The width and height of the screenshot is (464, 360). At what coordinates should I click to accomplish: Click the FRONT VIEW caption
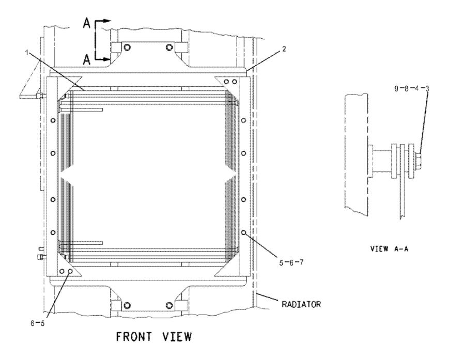tap(153, 337)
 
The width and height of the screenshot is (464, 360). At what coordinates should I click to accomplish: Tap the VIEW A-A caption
tap(389, 248)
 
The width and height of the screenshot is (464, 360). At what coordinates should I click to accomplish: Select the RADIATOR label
tap(301, 304)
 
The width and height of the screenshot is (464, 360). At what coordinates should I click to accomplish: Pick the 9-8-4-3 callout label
tap(411, 89)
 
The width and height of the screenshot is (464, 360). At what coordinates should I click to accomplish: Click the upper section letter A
tap(87, 22)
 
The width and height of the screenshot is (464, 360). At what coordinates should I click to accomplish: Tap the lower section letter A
tap(87, 60)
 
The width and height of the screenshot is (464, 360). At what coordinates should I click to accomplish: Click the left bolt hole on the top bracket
tap(128, 48)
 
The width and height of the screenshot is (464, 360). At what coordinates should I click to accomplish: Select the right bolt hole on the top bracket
tap(169, 48)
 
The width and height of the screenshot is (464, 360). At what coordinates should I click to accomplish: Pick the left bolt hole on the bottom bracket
tap(128, 304)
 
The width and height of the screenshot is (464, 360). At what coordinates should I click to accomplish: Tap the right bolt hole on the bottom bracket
tap(169, 304)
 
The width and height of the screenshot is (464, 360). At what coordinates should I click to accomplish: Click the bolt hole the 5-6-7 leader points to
tap(243, 232)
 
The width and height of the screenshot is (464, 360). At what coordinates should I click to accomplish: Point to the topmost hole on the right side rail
tap(243, 120)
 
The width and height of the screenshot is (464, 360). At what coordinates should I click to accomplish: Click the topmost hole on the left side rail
tap(52, 120)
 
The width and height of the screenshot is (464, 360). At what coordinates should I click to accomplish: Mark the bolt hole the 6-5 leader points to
tap(70, 271)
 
